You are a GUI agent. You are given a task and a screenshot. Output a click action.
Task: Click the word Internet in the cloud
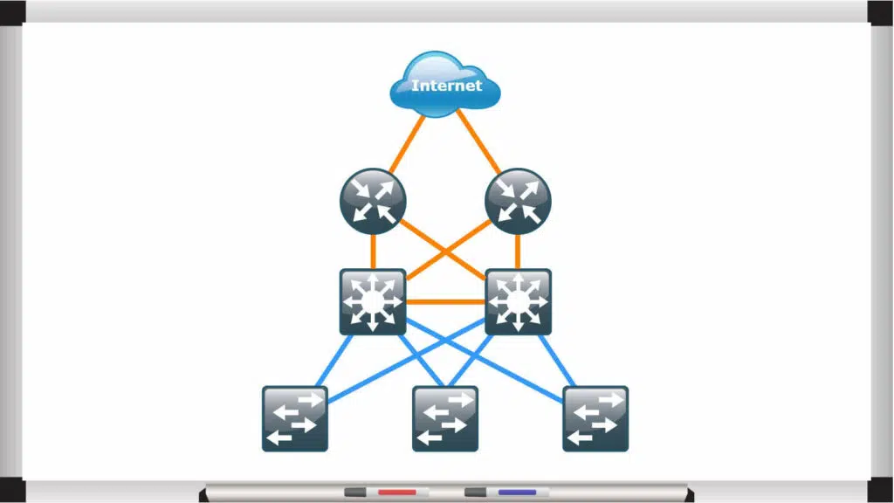(446, 86)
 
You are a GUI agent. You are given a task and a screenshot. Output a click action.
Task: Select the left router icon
(373, 202)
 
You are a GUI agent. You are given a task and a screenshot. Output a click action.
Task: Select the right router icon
(518, 202)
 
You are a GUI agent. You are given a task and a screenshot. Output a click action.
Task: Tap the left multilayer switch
(373, 302)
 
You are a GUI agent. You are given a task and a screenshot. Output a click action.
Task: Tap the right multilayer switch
(518, 302)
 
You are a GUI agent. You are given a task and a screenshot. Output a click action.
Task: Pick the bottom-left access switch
(295, 418)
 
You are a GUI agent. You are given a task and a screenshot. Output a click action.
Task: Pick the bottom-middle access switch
(445, 418)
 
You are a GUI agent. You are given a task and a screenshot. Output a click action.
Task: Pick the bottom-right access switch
(595, 418)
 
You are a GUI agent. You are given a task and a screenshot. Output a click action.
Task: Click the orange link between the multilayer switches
(445, 302)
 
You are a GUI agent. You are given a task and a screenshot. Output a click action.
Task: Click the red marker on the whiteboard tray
(396, 493)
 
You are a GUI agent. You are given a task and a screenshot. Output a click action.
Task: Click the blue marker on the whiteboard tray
(517, 493)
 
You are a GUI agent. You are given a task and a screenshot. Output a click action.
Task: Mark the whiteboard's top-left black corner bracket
(12, 11)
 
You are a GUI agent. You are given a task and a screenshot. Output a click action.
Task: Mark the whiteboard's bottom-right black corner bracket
(881, 491)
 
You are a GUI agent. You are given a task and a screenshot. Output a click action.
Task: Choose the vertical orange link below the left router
(373, 251)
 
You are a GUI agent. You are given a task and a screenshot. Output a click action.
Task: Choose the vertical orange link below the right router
(518, 251)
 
